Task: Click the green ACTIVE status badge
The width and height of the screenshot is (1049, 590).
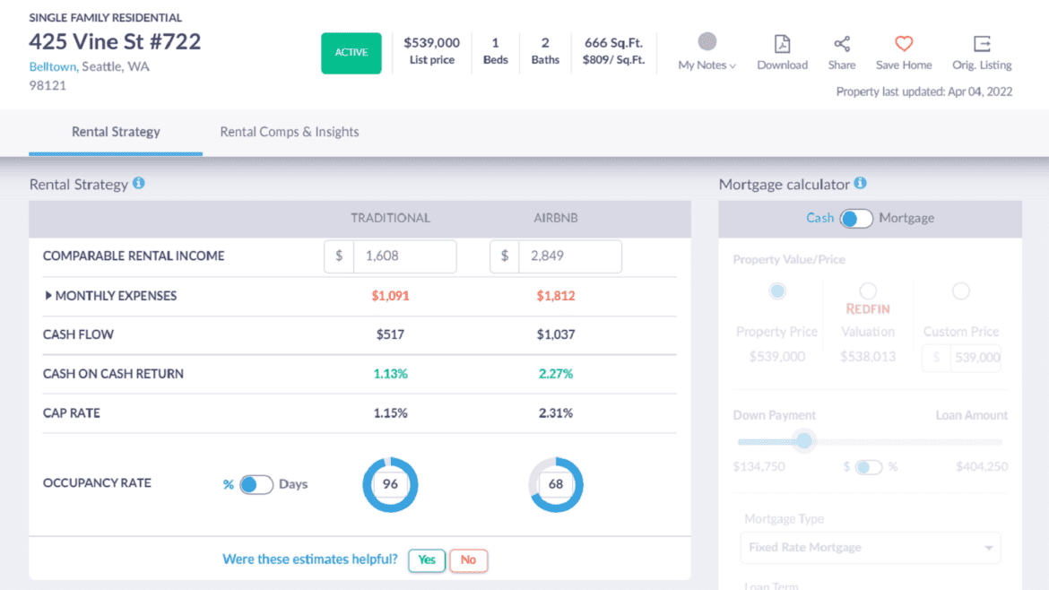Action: click(351, 53)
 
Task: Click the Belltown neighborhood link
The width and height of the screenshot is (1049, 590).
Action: click(53, 66)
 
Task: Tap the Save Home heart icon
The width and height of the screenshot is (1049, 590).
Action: click(904, 44)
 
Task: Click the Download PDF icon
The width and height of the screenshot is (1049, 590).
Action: click(782, 44)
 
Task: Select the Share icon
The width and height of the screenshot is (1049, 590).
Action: click(841, 44)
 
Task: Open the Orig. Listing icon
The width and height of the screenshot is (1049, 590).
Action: click(982, 44)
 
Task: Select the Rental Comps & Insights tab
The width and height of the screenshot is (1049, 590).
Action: click(290, 132)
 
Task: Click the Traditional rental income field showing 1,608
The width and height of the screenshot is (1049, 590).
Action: click(403, 256)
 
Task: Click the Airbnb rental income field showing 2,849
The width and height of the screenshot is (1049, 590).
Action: click(569, 256)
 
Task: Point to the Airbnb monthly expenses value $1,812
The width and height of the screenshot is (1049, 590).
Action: click(556, 296)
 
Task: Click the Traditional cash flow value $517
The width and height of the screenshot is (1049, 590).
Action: click(390, 334)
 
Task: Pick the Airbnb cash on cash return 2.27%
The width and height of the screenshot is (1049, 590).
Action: click(556, 374)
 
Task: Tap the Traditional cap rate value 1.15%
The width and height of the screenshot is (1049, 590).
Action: click(390, 413)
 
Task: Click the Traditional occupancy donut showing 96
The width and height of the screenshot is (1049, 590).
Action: click(390, 485)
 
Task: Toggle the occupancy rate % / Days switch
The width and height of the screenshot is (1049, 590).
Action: click(256, 485)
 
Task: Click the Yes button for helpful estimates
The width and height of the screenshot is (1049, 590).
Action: click(427, 560)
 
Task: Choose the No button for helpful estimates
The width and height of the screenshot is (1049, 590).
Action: click(468, 560)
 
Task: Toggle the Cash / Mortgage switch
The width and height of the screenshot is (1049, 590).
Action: click(856, 219)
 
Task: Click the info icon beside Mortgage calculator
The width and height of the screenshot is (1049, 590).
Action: click(860, 184)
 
